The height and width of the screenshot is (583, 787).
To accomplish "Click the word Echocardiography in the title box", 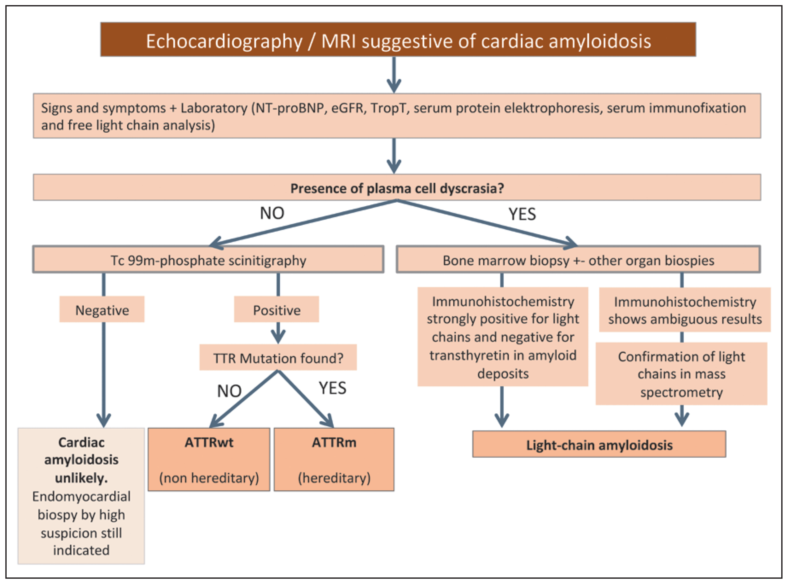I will tap(224, 41).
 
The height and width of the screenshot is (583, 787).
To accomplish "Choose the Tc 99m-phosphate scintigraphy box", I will tap(208, 260).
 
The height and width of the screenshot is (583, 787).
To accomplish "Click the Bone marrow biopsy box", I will tap(578, 260).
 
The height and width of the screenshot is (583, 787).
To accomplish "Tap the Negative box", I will tap(102, 310).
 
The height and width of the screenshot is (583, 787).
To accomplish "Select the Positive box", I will tap(277, 310).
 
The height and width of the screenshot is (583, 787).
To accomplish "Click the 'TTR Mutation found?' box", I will tap(278, 358).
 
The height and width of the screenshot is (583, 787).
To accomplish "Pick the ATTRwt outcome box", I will tap(209, 459).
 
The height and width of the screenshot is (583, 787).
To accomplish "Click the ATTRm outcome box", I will tap(334, 459).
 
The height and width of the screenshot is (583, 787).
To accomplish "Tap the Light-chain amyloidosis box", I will tap(599, 445).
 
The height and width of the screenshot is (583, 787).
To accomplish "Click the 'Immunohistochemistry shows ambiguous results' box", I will tap(685, 310).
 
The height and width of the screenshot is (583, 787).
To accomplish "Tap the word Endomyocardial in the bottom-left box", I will tap(81, 496).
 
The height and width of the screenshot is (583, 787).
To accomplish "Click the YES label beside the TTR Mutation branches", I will tap(332, 388).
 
